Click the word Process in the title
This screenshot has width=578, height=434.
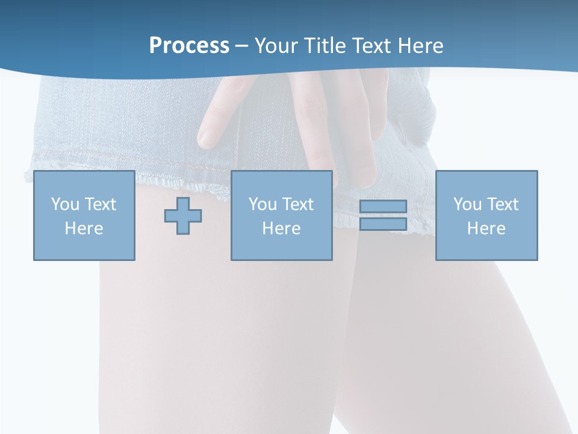[x=189, y=46]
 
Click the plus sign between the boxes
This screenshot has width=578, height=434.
[x=183, y=215]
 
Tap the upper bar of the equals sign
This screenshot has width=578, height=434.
[x=383, y=206]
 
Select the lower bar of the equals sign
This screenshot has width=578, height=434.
[x=383, y=224]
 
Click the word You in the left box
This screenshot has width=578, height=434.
[x=65, y=204]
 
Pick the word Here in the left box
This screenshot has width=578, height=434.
[x=84, y=228]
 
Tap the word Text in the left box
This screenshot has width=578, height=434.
[x=99, y=204]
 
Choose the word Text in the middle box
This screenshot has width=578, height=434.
[x=297, y=204]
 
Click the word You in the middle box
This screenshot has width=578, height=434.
[x=263, y=204]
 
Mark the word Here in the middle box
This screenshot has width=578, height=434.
[x=281, y=228]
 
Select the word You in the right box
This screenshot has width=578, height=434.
[x=467, y=204]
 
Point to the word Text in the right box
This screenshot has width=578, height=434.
[x=502, y=204]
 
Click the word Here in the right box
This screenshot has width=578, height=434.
[x=486, y=228]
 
